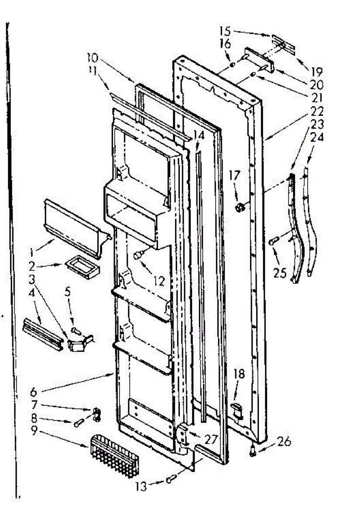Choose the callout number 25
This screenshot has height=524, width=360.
(x=279, y=273)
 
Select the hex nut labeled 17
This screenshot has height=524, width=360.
(x=239, y=207)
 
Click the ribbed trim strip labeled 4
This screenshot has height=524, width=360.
(x=42, y=331)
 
